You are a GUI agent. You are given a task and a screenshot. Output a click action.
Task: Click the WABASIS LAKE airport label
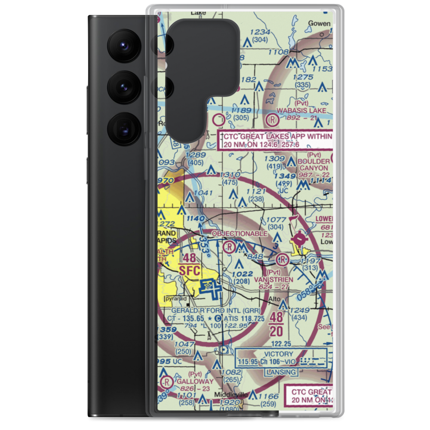coord(301,111)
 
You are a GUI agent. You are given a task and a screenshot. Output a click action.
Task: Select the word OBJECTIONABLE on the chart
coord(240,233)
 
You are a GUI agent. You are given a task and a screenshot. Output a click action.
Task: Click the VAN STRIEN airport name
coord(273,279)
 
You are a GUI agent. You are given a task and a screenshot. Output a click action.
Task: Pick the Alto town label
coord(274,298)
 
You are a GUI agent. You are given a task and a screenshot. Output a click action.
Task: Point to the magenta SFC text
coord(189,271)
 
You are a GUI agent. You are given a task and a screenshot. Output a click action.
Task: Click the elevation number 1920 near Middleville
coord(228,402)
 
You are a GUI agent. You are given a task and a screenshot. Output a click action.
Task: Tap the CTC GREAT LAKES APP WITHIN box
coord(276,141)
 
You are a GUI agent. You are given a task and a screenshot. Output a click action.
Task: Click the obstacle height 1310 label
coord(229,175)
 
